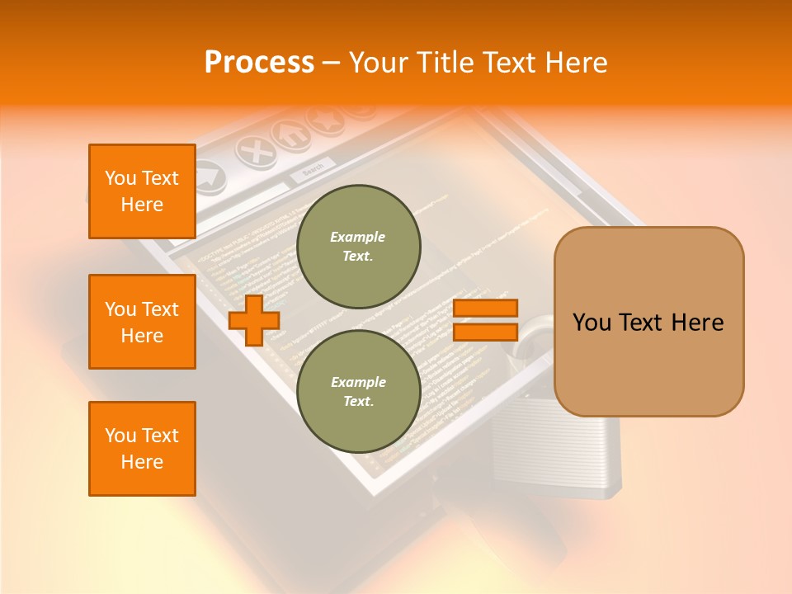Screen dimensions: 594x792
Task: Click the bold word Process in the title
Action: (259, 63)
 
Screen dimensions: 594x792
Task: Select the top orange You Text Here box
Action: (142, 191)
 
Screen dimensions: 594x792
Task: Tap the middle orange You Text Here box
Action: (142, 322)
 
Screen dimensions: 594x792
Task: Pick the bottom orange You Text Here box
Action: (142, 449)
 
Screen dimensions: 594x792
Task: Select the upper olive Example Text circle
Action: (358, 247)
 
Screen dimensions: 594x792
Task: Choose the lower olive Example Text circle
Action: (358, 391)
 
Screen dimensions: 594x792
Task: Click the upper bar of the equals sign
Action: (485, 309)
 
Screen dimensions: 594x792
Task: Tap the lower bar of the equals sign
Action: (485, 332)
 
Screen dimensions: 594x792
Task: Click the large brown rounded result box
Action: (648, 322)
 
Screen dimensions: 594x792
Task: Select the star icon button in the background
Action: (324, 119)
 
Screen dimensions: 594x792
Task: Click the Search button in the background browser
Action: (313, 170)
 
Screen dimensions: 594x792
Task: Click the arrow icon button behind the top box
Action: (210, 175)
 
